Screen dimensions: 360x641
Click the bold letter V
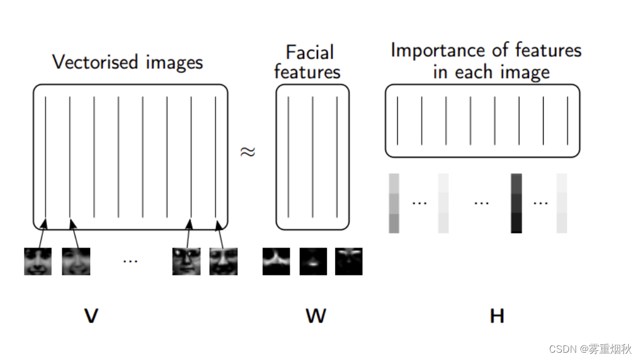(91, 315)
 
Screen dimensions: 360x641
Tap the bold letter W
(316, 315)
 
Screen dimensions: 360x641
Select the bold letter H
(496, 315)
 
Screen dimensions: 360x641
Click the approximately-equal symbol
(248, 152)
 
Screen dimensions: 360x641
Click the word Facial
(310, 53)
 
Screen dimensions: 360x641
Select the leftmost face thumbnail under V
(37, 261)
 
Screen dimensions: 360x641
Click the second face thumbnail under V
(76, 261)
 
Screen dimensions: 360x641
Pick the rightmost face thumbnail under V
(223, 261)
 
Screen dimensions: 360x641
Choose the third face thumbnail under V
(186, 261)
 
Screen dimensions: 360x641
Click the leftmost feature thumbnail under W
(276, 261)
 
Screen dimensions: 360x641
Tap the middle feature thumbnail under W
(313, 261)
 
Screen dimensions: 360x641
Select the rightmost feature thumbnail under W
(349, 261)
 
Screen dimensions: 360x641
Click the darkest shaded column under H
(516, 203)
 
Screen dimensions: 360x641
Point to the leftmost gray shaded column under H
(394, 203)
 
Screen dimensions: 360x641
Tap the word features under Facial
(307, 73)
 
